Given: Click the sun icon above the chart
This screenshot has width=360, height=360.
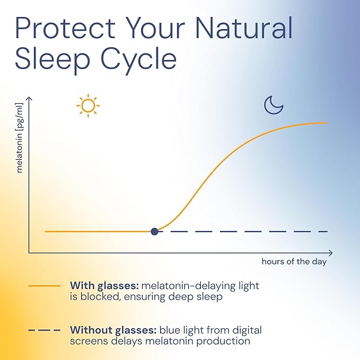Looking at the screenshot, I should pos(87,106).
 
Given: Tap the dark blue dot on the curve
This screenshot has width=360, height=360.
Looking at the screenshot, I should pos(154,231).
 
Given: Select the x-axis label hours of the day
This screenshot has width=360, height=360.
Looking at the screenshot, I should pos(294,261).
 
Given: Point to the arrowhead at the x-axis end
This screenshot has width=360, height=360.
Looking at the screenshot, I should pos(330,253).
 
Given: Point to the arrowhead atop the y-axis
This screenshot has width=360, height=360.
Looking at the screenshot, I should pos(29,99).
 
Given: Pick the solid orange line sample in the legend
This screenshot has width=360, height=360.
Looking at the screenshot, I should pos(44,286).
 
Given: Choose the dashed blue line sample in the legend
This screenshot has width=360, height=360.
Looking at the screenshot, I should pos(44,330).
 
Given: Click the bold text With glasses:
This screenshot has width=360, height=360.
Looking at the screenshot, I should pos(104,286).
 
